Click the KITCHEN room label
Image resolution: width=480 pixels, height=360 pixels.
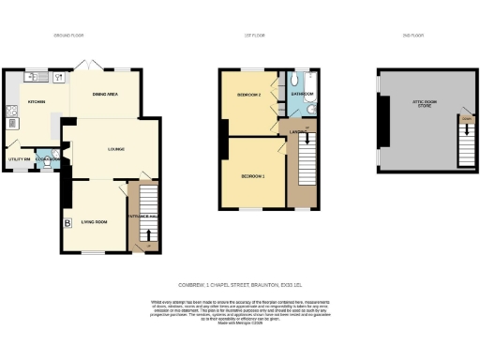tap(37, 101)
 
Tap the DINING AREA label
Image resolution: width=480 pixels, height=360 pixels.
tap(106, 95)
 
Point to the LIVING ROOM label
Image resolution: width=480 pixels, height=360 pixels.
tap(97, 221)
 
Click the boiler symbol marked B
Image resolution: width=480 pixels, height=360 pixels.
tap(67, 223)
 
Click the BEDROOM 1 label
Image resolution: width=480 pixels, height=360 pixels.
tap(252, 176)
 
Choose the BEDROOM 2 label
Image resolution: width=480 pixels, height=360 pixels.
tap(248, 95)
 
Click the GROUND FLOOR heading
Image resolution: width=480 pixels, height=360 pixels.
tap(67, 35)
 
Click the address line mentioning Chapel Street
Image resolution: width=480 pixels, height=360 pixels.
tap(239, 284)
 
